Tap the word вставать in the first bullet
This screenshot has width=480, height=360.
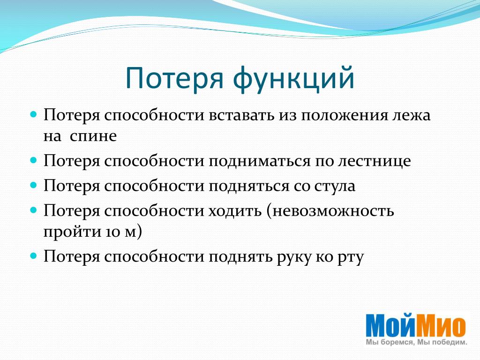tap(241, 115)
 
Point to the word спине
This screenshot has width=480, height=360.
tap(93, 136)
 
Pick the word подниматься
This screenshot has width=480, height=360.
tap(260, 161)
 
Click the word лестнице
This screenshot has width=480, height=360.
tap(375, 161)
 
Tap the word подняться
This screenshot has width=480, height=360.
tap(249, 186)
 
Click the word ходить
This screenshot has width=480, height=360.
tap(235, 211)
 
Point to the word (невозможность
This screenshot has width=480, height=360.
tap(330, 211)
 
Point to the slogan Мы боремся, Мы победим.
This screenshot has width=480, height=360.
tap(416, 342)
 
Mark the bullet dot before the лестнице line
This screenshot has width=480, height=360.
tap(33, 160)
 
